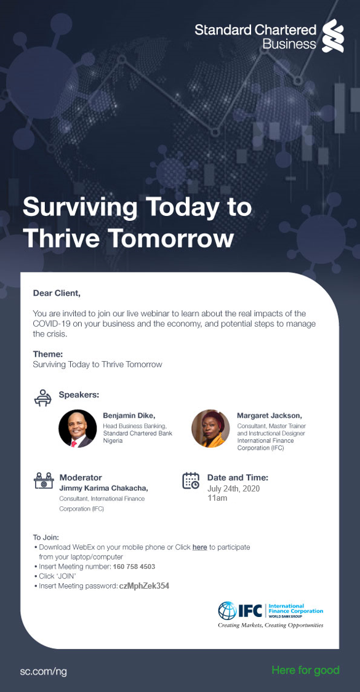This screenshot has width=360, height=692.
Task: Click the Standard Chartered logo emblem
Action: [x=332, y=36]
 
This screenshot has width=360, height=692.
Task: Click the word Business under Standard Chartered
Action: [x=289, y=44]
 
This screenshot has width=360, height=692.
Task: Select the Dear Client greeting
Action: [x=57, y=293]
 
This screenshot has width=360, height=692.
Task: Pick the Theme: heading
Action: [x=48, y=354]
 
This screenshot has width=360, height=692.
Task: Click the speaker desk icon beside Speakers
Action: [x=43, y=397]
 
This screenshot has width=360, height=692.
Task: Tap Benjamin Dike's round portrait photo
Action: [x=78, y=429]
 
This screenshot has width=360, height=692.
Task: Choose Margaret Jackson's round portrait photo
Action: [x=210, y=429]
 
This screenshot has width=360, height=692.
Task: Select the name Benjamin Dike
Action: [x=129, y=416]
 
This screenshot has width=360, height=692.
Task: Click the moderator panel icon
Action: [x=44, y=481]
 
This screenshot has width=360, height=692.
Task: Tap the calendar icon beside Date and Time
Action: [x=191, y=480]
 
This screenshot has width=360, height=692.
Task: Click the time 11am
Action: [x=217, y=498]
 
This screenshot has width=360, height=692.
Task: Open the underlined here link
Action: [x=199, y=547]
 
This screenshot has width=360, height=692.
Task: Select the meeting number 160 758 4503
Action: [x=134, y=567]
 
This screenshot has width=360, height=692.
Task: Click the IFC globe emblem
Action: [x=228, y=610]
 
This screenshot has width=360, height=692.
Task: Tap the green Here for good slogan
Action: [x=306, y=670]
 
